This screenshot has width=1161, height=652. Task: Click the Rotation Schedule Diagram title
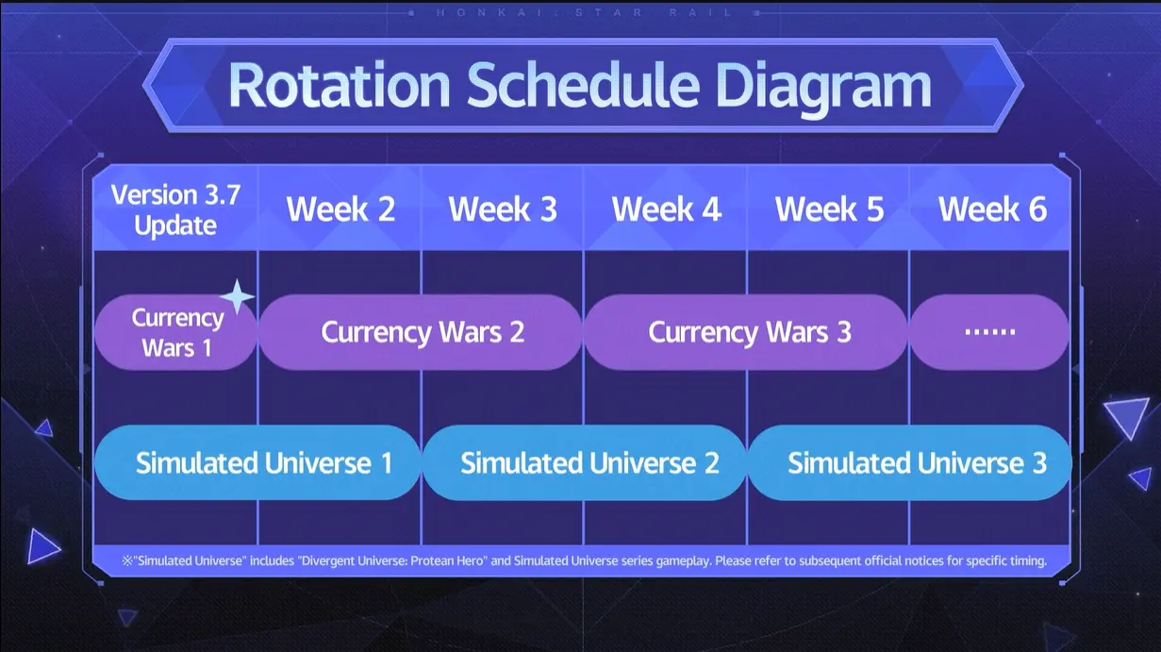pos(580,86)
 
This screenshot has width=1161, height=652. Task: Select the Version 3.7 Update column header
pos(175,210)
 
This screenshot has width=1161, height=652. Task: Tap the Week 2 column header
pos(340,209)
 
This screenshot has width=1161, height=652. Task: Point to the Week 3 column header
pos(503,209)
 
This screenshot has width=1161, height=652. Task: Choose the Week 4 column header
pos(667,209)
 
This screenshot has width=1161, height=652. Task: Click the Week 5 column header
pos(829,209)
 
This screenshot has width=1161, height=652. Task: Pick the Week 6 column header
pos(992,209)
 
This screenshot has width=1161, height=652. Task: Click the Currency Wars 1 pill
pos(175,332)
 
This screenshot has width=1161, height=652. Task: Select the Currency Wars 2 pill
pos(421,332)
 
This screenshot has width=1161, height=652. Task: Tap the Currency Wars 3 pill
pos(746,332)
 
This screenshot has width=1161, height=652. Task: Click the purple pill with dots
pos(989,332)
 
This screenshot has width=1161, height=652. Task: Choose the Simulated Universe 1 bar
pos(257,462)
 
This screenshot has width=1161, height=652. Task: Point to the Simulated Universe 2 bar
pos(584,462)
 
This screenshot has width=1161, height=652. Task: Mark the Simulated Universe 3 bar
pos(909,462)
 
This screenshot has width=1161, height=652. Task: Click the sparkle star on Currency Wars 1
pos(238,297)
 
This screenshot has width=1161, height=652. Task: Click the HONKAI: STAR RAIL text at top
pos(584,12)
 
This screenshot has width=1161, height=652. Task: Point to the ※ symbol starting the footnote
pos(127,560)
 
